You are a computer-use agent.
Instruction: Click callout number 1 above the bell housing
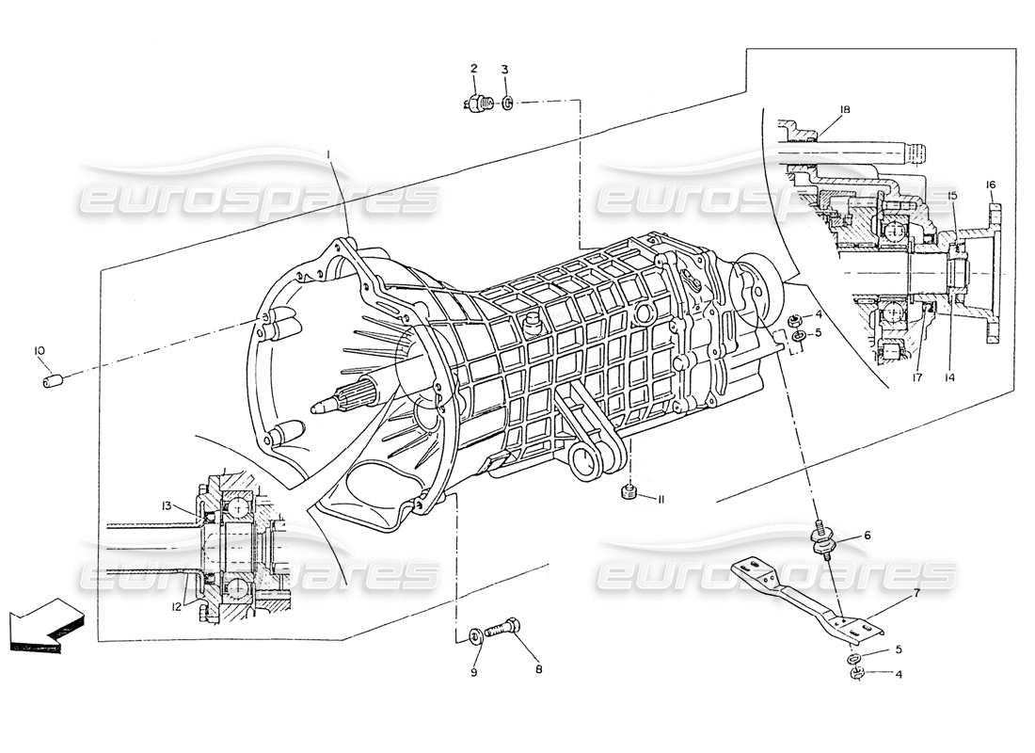328,152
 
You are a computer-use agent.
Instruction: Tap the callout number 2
473,69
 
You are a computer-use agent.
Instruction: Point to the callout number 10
40,351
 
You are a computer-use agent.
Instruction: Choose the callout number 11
661,499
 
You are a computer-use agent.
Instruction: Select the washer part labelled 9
474,637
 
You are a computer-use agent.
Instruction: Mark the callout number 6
867,535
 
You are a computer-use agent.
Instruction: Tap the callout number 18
845,110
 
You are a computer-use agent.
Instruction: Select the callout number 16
990,184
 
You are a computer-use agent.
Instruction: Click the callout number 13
166,505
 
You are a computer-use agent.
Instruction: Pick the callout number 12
176,606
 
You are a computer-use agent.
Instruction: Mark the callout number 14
950,377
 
